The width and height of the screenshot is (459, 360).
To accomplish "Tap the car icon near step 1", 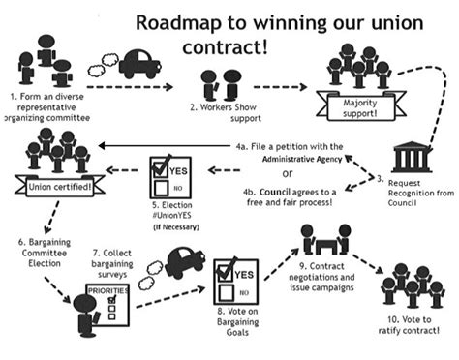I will tap(139, 65).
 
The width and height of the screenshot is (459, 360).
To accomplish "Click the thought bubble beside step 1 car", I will tap(103, 69).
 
